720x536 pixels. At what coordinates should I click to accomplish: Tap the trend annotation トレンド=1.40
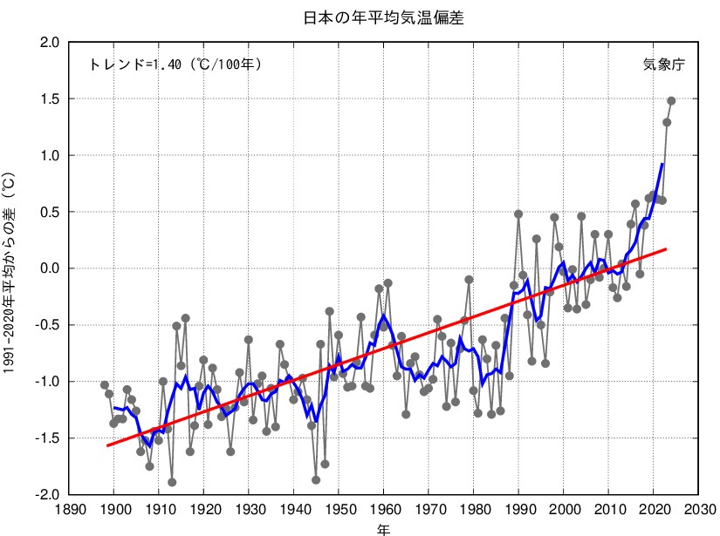pyautogui.click(x=175, y=64)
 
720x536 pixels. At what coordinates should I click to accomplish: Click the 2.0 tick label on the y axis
pyautogui.click(x=51, y=43)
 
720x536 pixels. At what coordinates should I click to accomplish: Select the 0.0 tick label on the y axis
pyautogui.click(x=51, y=268)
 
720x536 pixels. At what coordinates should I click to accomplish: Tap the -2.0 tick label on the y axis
pyautogui.click(x=48, y=494)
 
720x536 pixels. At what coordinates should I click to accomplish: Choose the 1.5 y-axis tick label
pyautogui.click(x=51, y=99)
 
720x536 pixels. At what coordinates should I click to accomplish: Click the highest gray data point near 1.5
pyautogui.click(x=671, y=100)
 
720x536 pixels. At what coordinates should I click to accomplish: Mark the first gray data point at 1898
pyautogui.click(x=105, y=385)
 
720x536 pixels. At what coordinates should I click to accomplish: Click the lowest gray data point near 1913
pyautogui.click(x=172, y=482)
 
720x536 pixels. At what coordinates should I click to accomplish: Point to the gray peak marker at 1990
pyautogui.click(x=518, y=214)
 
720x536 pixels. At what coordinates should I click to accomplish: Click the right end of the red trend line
pyautogui.click(x=666, y=249)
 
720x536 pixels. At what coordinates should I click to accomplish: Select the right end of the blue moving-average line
pyautogui.click(x=662, y=164)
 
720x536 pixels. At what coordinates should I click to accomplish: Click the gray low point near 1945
pyautogui.click(x=316, y=479)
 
